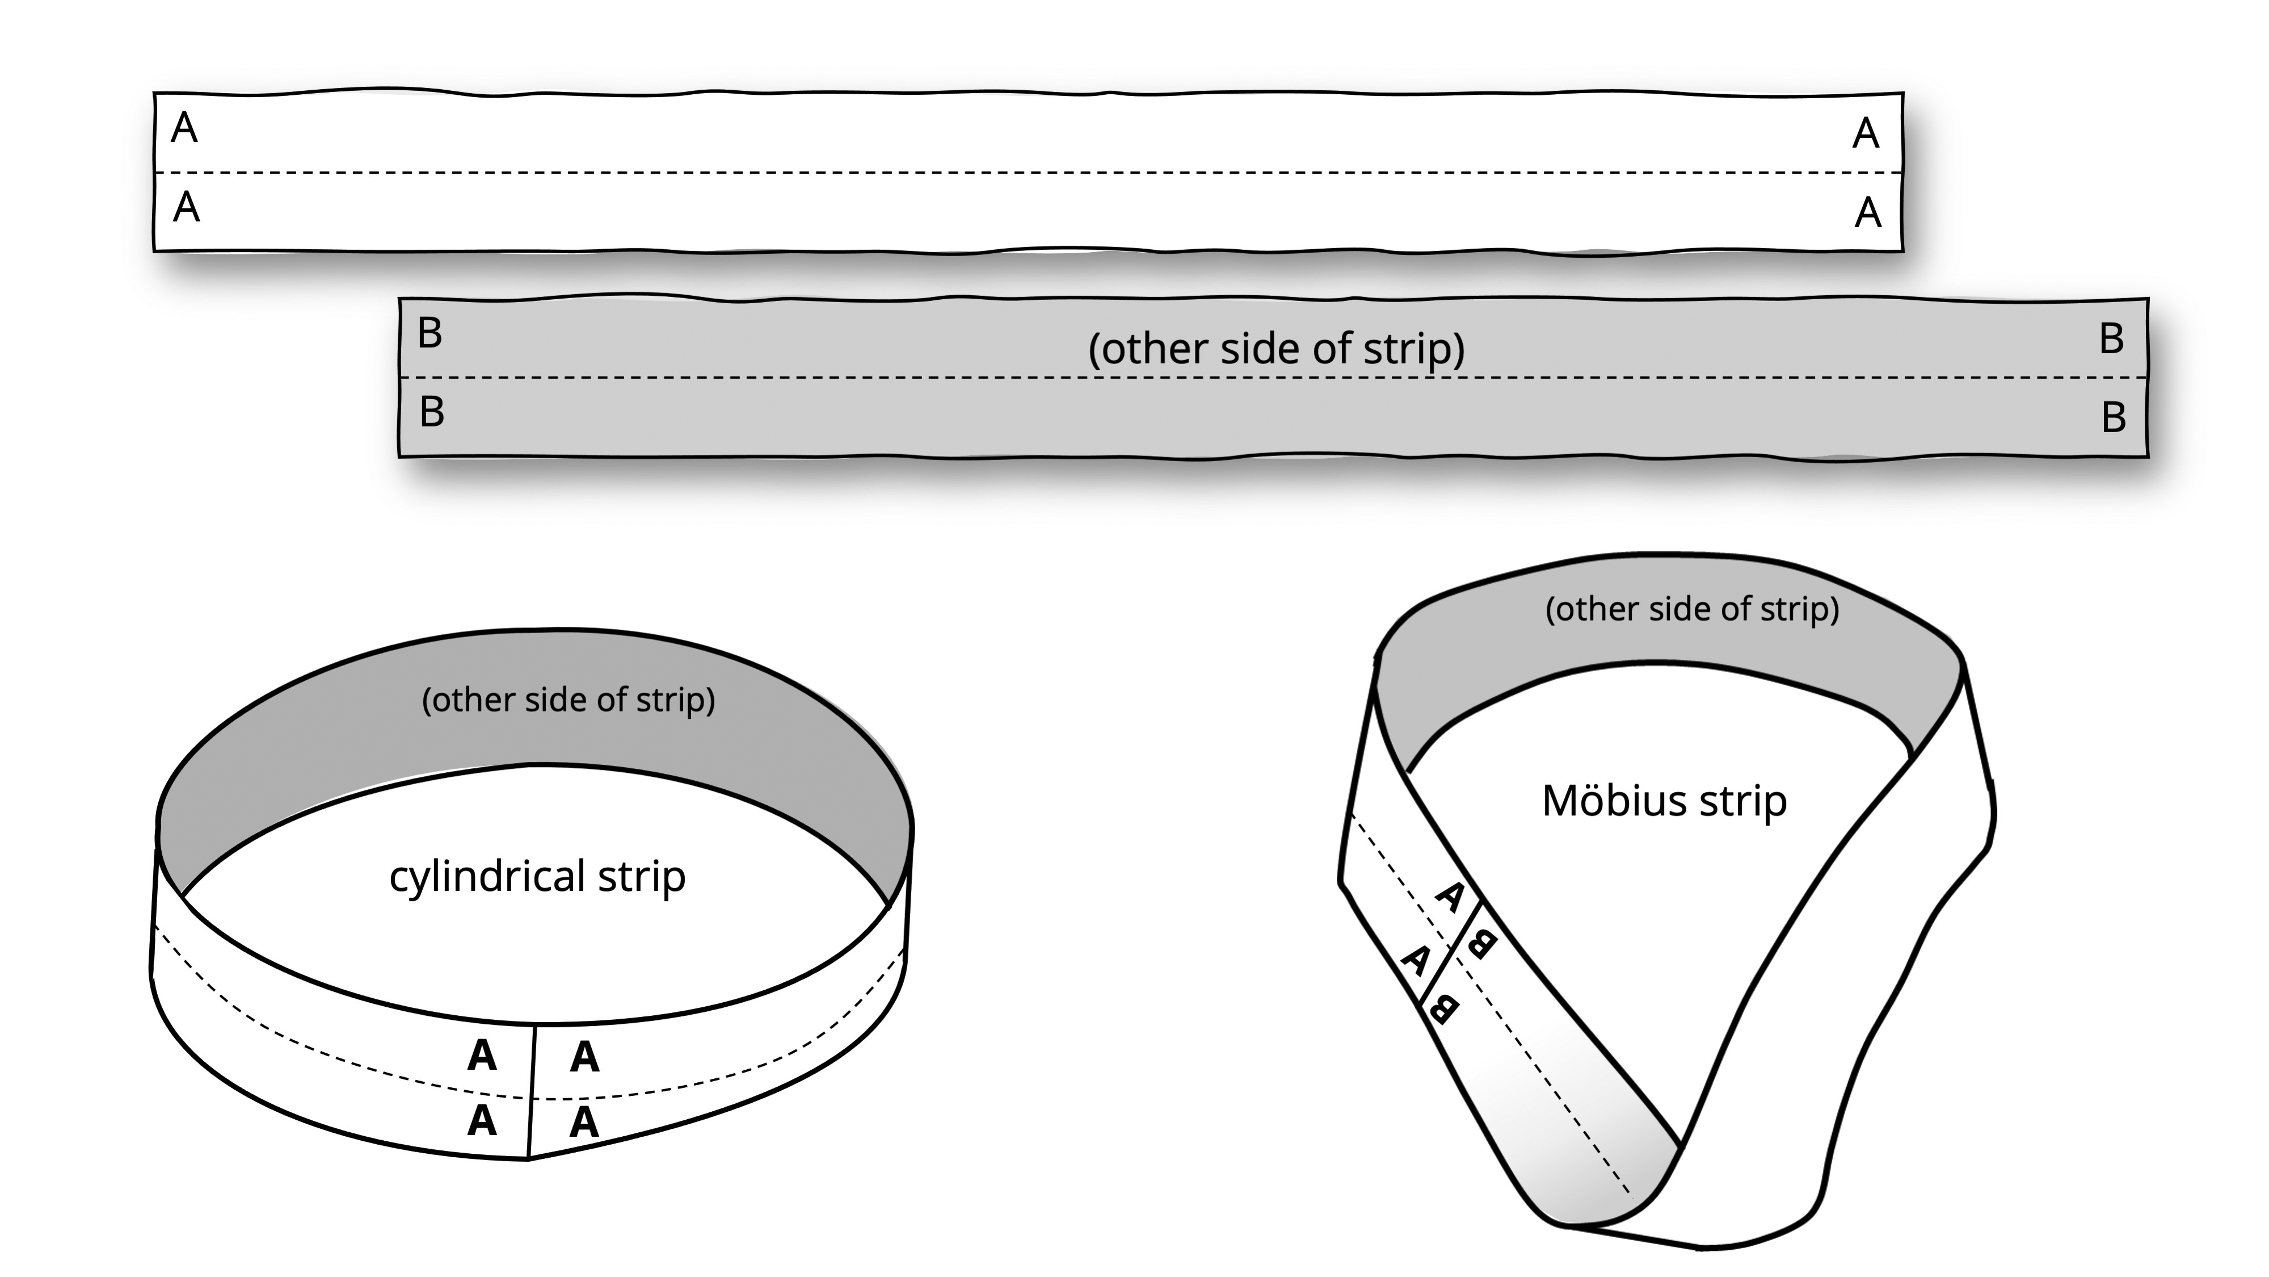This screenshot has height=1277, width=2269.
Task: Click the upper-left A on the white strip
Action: tap(184, 129)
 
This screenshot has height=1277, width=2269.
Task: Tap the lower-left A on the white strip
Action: tap(186, 208)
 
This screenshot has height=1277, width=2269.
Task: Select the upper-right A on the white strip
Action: tap(1866, 134)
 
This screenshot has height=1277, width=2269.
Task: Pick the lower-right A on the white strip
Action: tap(1867, 213)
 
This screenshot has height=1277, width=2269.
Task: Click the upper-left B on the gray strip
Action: tap(430, 333)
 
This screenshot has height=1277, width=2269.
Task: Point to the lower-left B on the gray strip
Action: tap(432, 412)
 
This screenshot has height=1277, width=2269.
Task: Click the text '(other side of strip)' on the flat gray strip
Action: tap(1276, 349)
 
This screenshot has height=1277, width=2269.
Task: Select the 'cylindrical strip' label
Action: tap(537, 876)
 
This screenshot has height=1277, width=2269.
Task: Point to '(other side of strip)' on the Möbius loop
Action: tap(1692, 609)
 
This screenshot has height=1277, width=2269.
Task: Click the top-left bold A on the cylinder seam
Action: tap(482, 1055)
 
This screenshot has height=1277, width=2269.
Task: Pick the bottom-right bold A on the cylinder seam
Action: tap(584, 1123)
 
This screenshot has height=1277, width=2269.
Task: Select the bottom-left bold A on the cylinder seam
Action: tap(482, 1121)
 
